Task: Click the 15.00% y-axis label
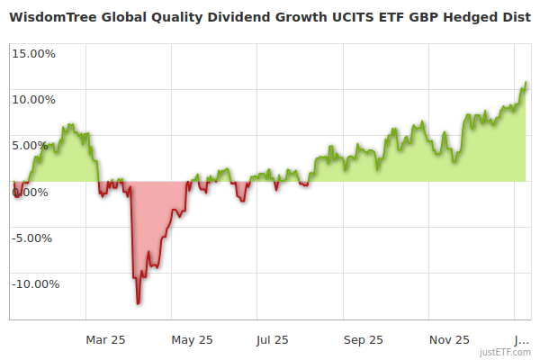[33, 53]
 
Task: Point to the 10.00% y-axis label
[33, 99]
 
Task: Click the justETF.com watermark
[505, 352]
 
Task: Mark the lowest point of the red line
[138, 303]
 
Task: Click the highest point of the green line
[526, 83]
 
